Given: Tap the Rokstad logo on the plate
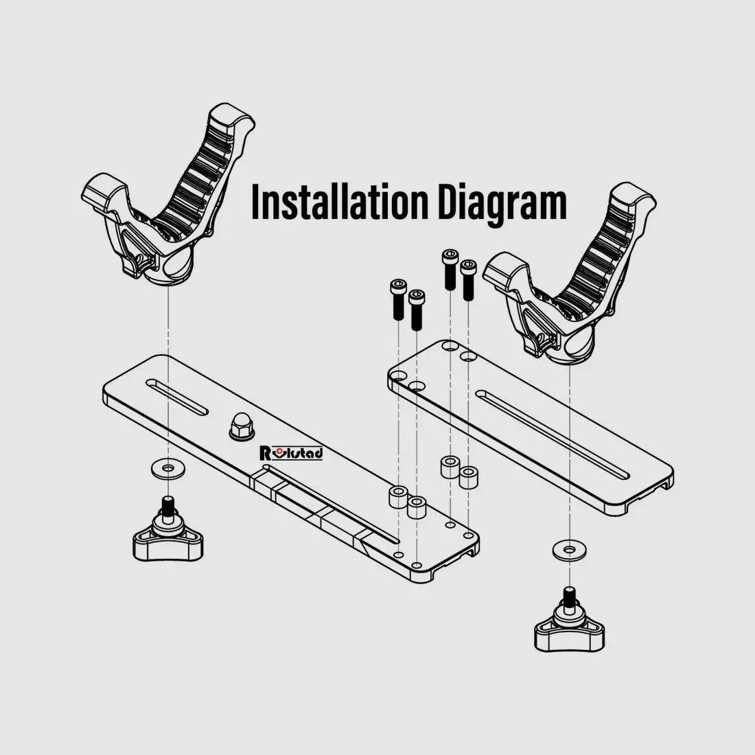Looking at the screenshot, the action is [291, 452].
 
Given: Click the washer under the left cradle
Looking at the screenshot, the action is [167, 469].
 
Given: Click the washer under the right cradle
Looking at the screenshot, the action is [570, 549].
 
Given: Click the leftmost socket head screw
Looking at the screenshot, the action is [397, 299].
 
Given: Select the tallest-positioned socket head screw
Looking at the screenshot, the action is [450, 270].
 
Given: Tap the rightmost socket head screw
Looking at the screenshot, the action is [468, 280].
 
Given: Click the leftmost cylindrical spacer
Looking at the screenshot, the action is [397, 498].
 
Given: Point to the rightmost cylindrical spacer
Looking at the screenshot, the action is [468, 477].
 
